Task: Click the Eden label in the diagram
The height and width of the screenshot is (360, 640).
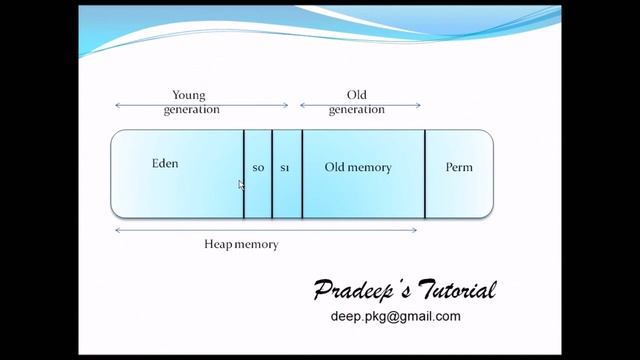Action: [x=165, y=163]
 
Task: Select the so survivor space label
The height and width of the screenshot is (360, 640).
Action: [x=257, y=168]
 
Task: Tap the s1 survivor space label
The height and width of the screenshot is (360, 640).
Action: [x=285, y=168]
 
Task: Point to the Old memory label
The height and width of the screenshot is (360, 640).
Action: [x=358, y=167]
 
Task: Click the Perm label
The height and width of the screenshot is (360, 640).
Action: [x=459, y=167]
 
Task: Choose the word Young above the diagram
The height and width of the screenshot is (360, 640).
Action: [x=189, y=96]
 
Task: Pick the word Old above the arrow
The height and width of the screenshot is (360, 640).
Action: [x=355, y=96]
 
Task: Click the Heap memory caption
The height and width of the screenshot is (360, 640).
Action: [x=241, y=244]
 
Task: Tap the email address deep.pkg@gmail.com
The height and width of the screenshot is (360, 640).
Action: [x=395, y=316]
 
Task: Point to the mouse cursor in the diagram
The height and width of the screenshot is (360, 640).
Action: [x=241, y=185]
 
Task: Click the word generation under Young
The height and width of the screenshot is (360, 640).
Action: [x=192, y=109]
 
